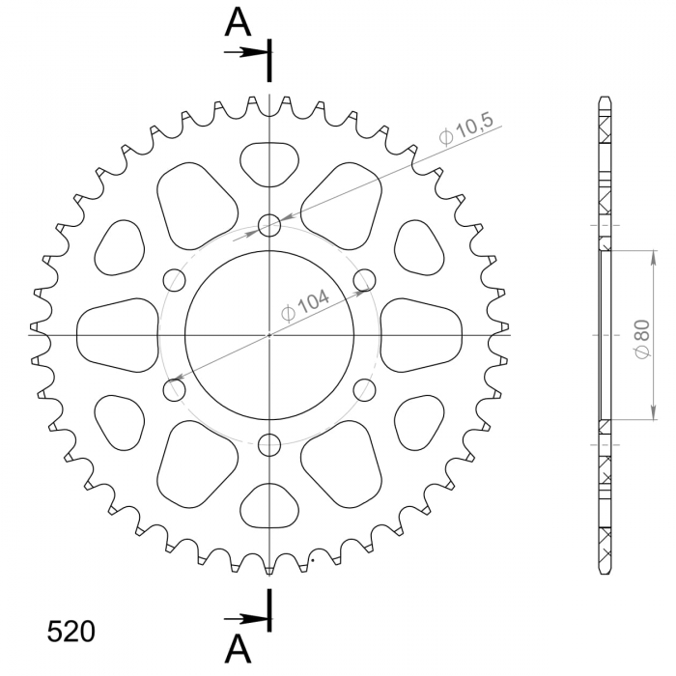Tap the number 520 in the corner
point(71,632)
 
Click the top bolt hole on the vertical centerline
point(269,225)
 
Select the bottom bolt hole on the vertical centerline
point(269,444)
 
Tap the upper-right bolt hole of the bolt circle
point(364,280)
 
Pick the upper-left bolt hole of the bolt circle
point(175,280)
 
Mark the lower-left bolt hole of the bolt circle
point(175,390)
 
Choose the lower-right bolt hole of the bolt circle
point(364,390)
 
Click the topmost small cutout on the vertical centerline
point(269,161)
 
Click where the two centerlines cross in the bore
point(269,335)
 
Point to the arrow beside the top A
point(243,51)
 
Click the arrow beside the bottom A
point(243,618)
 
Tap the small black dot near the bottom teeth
point(312,558)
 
